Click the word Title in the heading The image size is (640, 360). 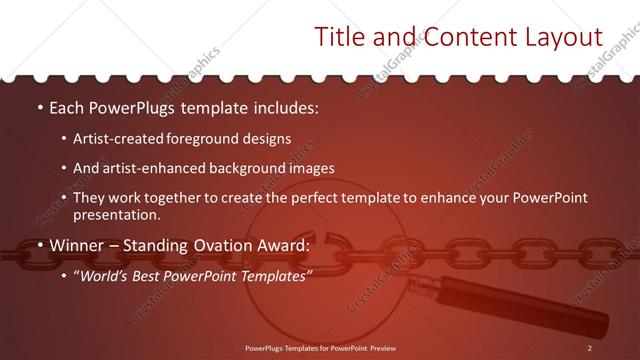pos(340,38)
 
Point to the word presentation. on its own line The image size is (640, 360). pos(116,214)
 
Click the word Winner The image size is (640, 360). pos(80,244)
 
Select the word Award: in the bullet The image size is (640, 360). pos(285,244)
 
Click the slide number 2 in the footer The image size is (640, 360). pos(590,347)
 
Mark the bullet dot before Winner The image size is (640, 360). pos(39,244)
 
